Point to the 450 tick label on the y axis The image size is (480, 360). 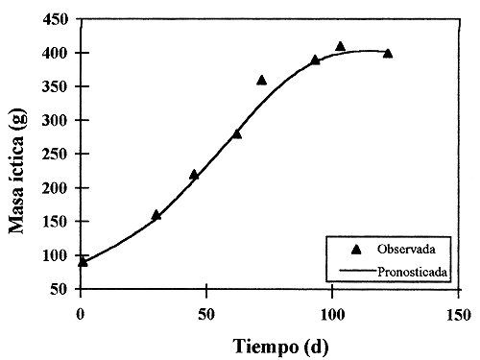pos(57,19)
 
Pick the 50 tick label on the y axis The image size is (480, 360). pos(60,289)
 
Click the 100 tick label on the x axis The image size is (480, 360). pos(332,313)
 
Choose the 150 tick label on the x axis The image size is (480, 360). pos(458,313)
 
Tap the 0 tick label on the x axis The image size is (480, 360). pos(81,313)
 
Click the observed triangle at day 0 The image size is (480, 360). pos(83,261)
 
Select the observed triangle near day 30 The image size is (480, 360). pos(156,215)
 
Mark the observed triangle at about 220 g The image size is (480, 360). pos(194,175)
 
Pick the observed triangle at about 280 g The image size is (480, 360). pos(237,133)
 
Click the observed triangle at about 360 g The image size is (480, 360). pos(261,80)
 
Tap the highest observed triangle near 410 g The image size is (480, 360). pos(340,46)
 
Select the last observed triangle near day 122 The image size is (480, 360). pos(388,53)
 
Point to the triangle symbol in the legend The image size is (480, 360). pos(356,249)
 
